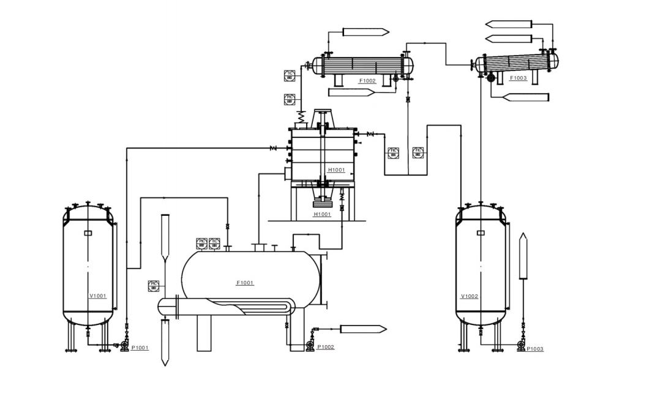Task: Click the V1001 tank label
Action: (x=98, y=296)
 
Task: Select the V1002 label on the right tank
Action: (x=470, y=297)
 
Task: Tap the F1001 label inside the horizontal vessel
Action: (x=245, y=283)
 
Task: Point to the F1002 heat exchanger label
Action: (x=367, y=81)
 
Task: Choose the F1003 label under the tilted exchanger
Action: (x=518, y=78)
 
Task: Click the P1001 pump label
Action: (x=140, y=348)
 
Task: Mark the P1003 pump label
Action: (x=534, y=349)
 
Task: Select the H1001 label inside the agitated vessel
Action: (x=336, y=170)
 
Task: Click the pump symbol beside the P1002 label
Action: (x=310, y=346)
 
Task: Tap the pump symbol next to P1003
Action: (x=521, y=347)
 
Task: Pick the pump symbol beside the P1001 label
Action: (x=125, y=347)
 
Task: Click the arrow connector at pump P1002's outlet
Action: (x=363, y=329)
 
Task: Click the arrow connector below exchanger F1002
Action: (x=351, y=93)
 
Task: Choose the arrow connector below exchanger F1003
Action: (x=525, y=97)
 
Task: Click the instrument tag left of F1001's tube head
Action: (x=153, y=285)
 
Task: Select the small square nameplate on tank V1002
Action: (x=481, y=232)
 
